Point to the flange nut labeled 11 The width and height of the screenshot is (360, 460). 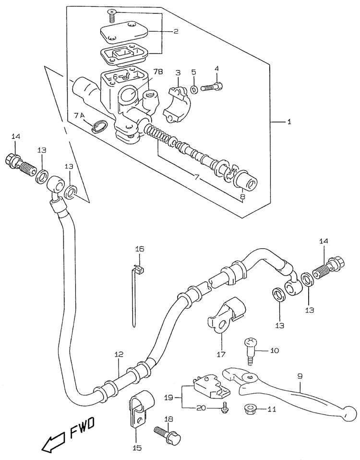click(x=250, y=408)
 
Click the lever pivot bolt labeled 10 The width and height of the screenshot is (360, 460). click(x=250, y=351)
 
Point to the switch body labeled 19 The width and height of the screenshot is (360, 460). click(x=211, y=386)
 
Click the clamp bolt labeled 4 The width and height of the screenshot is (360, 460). click(x=212, y=87)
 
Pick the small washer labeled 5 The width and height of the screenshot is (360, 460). click(x=194, y=89)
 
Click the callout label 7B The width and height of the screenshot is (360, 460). click(x=156, y=71)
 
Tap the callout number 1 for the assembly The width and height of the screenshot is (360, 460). click(x=289, y=121)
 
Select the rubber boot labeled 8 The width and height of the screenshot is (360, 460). click(x=246, y=181)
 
